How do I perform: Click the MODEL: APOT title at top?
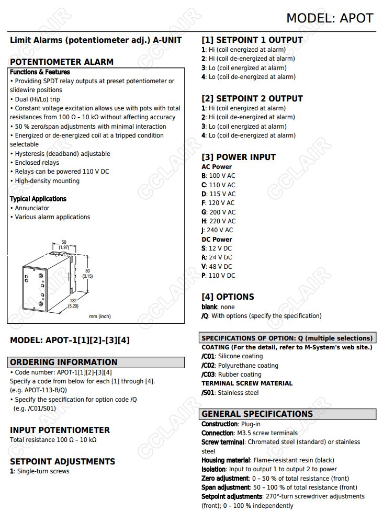[x=329, y=18]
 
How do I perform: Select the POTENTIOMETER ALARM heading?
[x=62, y=62]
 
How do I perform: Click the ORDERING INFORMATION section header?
[x=64, y=362]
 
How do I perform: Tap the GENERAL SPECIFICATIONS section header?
[x=257, y=414]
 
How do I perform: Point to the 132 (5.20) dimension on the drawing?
[x=73, y=303]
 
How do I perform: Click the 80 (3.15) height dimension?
[x=87, y=273]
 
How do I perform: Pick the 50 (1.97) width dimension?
[x=64, y=244]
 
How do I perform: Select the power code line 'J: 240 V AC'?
[x=217, y=230]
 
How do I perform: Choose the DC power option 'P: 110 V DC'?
[x=218, y=276]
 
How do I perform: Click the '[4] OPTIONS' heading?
[x=228, y=297]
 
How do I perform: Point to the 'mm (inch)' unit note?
[x=100, y=316]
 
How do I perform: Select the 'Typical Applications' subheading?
[x=38, y=199]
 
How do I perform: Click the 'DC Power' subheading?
[x=217, y=240]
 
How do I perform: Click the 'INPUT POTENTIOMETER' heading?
[x=60, y=430]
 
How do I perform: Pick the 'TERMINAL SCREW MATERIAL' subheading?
[x=247, y=383]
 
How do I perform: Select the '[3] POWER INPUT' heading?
[x=239, y=157]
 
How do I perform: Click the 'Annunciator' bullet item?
[x=32, y=208]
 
